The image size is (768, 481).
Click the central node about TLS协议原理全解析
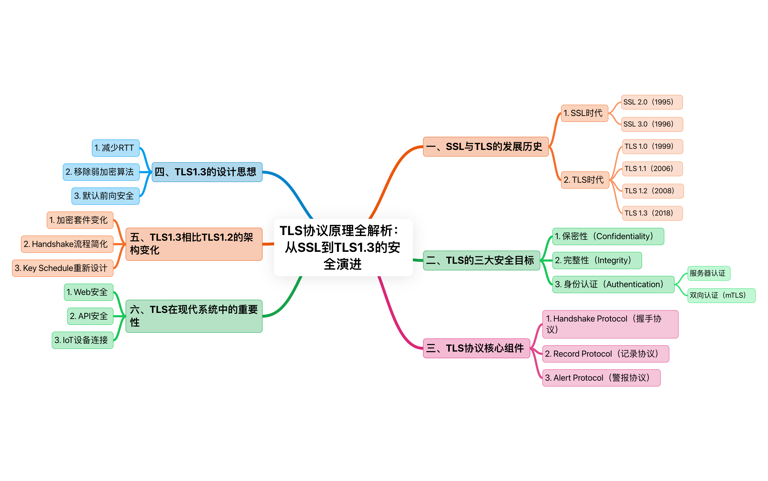coord(343,247)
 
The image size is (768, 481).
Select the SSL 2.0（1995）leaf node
coord(652,102)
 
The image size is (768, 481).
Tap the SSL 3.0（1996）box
coord(652,124)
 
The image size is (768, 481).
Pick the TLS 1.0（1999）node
coord(652,146)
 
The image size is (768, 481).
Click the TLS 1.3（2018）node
coord(652,213)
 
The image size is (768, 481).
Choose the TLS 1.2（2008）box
coord(653,191)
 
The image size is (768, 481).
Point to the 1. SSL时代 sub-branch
coord(584,113)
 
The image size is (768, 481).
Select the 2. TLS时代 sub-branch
coord(585,180)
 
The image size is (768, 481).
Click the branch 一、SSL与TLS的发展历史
coord(486,147)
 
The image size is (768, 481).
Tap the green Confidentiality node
coord(608,236)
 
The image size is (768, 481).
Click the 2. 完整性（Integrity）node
coord(597,260)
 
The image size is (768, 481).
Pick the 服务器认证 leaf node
coord(708,273)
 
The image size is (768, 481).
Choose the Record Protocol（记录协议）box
coord(605,354)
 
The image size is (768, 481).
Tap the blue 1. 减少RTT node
coord(116,148)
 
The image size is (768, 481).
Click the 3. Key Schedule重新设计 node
coord(63,268)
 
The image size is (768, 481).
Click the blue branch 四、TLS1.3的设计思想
coord(207,172)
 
